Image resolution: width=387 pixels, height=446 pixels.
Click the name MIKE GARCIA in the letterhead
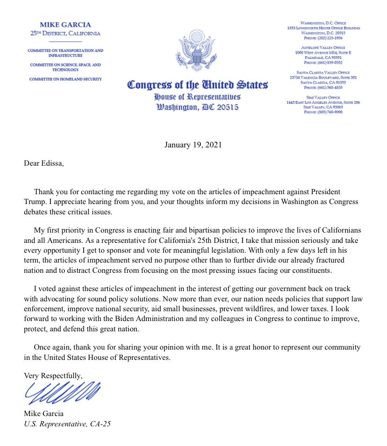tap(65, 25)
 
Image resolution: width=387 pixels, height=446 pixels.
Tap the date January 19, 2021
tap(193, 145)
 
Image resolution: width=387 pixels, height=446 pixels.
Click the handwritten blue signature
tap(62, 393)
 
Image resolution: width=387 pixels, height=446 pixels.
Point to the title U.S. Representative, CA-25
tap(67, 424)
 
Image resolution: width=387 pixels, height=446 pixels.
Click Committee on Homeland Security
tap(65, 79)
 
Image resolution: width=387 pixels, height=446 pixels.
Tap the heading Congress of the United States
tap(197, 86)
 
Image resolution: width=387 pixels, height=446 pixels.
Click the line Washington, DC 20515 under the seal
tap(197, 107)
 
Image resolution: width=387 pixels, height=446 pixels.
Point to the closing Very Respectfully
tap(53, 375)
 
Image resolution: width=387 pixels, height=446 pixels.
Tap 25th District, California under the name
tap(65, 34)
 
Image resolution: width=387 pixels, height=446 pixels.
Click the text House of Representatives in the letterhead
tap(197, 97)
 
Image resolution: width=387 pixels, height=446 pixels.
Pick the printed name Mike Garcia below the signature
tap(43, 414)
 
